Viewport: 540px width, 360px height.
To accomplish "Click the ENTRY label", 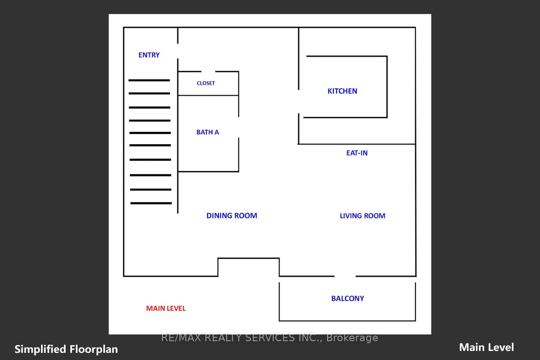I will [149, 55].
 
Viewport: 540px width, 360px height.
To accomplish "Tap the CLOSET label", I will [206, 83].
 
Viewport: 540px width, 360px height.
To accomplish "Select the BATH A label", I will [208, 132].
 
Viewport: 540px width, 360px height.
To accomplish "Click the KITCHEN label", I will [342, 91].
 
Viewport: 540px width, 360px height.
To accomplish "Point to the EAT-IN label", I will [357, 153].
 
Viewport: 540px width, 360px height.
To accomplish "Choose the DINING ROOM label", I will [232, 215].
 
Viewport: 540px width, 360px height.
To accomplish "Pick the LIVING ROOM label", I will [362, 216].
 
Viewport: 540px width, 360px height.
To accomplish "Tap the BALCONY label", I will [348, 299].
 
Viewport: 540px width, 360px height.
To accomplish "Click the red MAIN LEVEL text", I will [166, 308].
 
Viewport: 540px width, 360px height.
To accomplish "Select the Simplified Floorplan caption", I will [66, 349].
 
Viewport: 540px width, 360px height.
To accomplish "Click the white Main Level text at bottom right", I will [486, 347].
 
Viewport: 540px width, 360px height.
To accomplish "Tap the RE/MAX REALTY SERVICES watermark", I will [269, 337].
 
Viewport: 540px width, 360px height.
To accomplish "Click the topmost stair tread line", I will [149, 80].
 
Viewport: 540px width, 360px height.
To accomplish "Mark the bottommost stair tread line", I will [151, 203].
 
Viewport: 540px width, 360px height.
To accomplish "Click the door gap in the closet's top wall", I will [208, 72].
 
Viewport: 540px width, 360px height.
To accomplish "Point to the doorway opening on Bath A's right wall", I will [239, 127].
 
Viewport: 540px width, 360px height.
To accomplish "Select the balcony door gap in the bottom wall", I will [345, 276].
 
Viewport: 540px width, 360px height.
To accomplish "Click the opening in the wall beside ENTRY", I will [178, 51].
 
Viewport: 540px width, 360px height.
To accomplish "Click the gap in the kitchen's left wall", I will [299, 102].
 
